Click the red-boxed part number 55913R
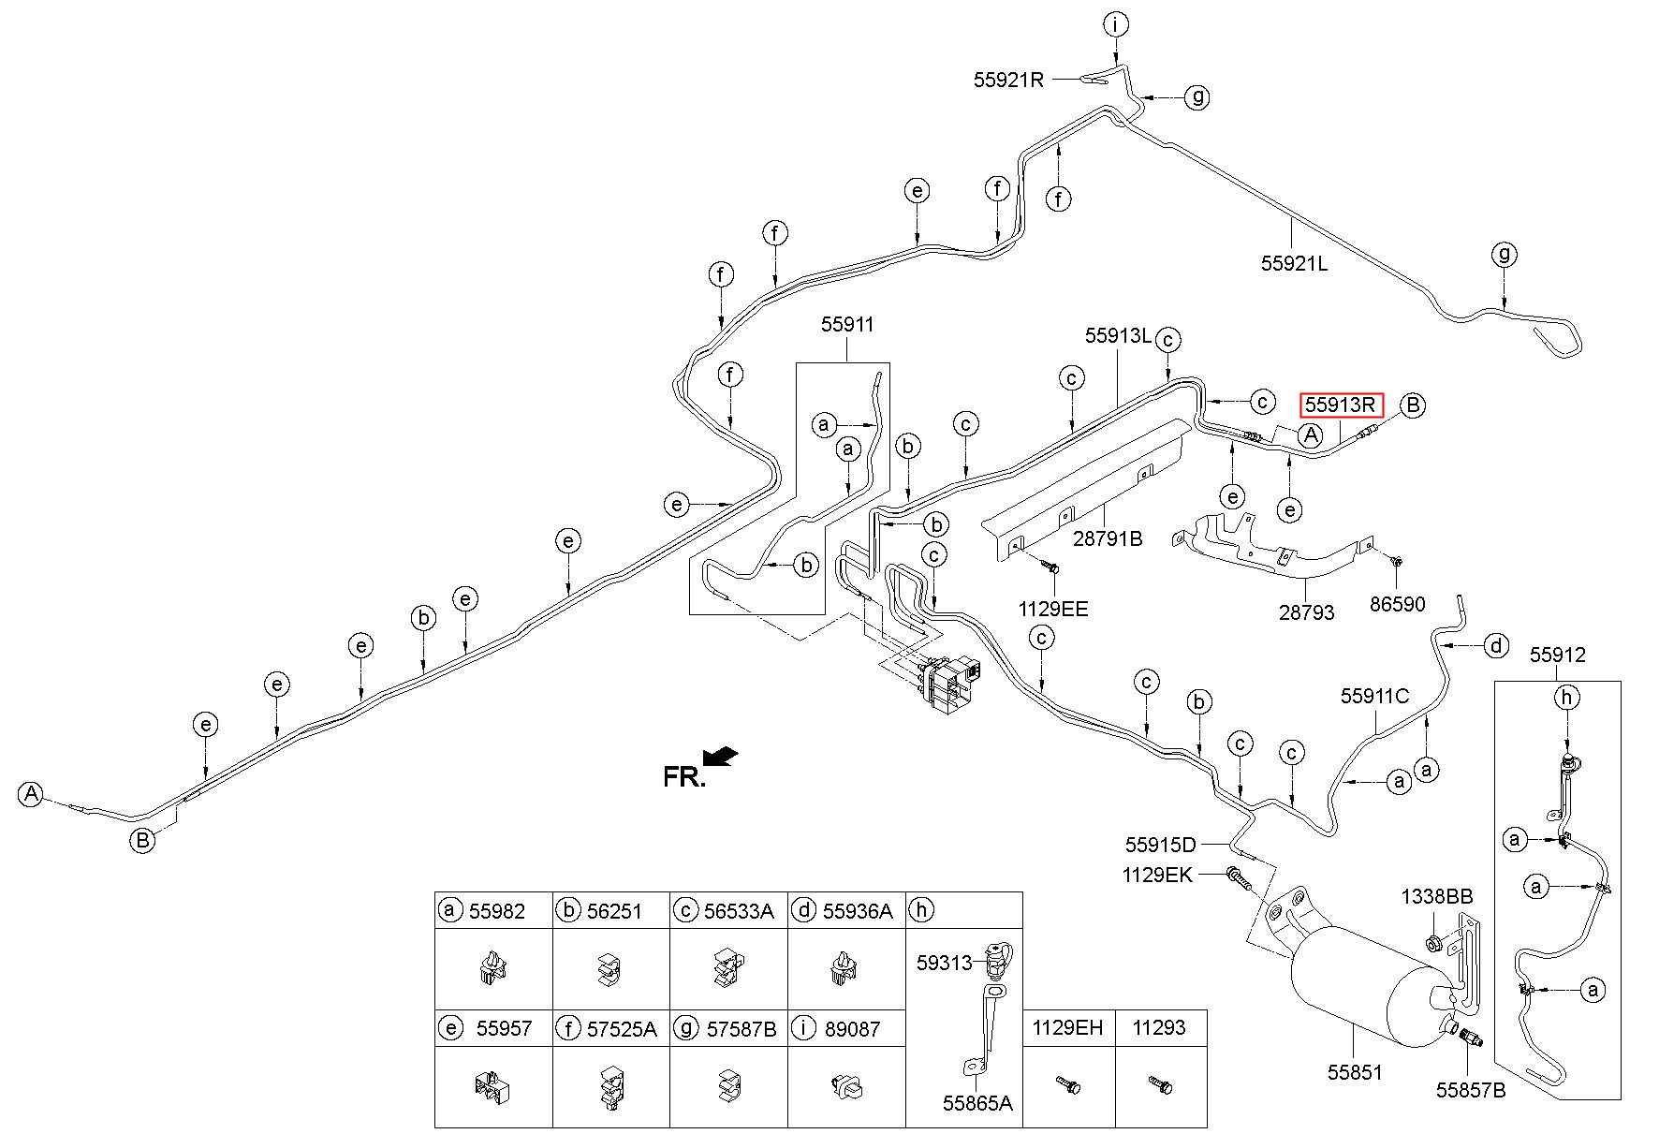[x=1341, y=405]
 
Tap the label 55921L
[x=1294, y=263]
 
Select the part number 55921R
[x=1008, y=80]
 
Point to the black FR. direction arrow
[x=720, y=756]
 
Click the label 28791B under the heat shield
[x=1108, y=539]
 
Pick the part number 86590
[x=1397, y=604]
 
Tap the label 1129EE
[x=1053, y=610]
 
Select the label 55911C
[x=1374, y=696]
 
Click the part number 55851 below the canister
[x=1355, y=1072]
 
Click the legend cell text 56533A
[x=739, y=911]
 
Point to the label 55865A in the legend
[x=977, y=1103]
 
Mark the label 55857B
[x=1471, y=1091]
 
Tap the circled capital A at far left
[x=32, y=794]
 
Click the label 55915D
[x=1161, y=845]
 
